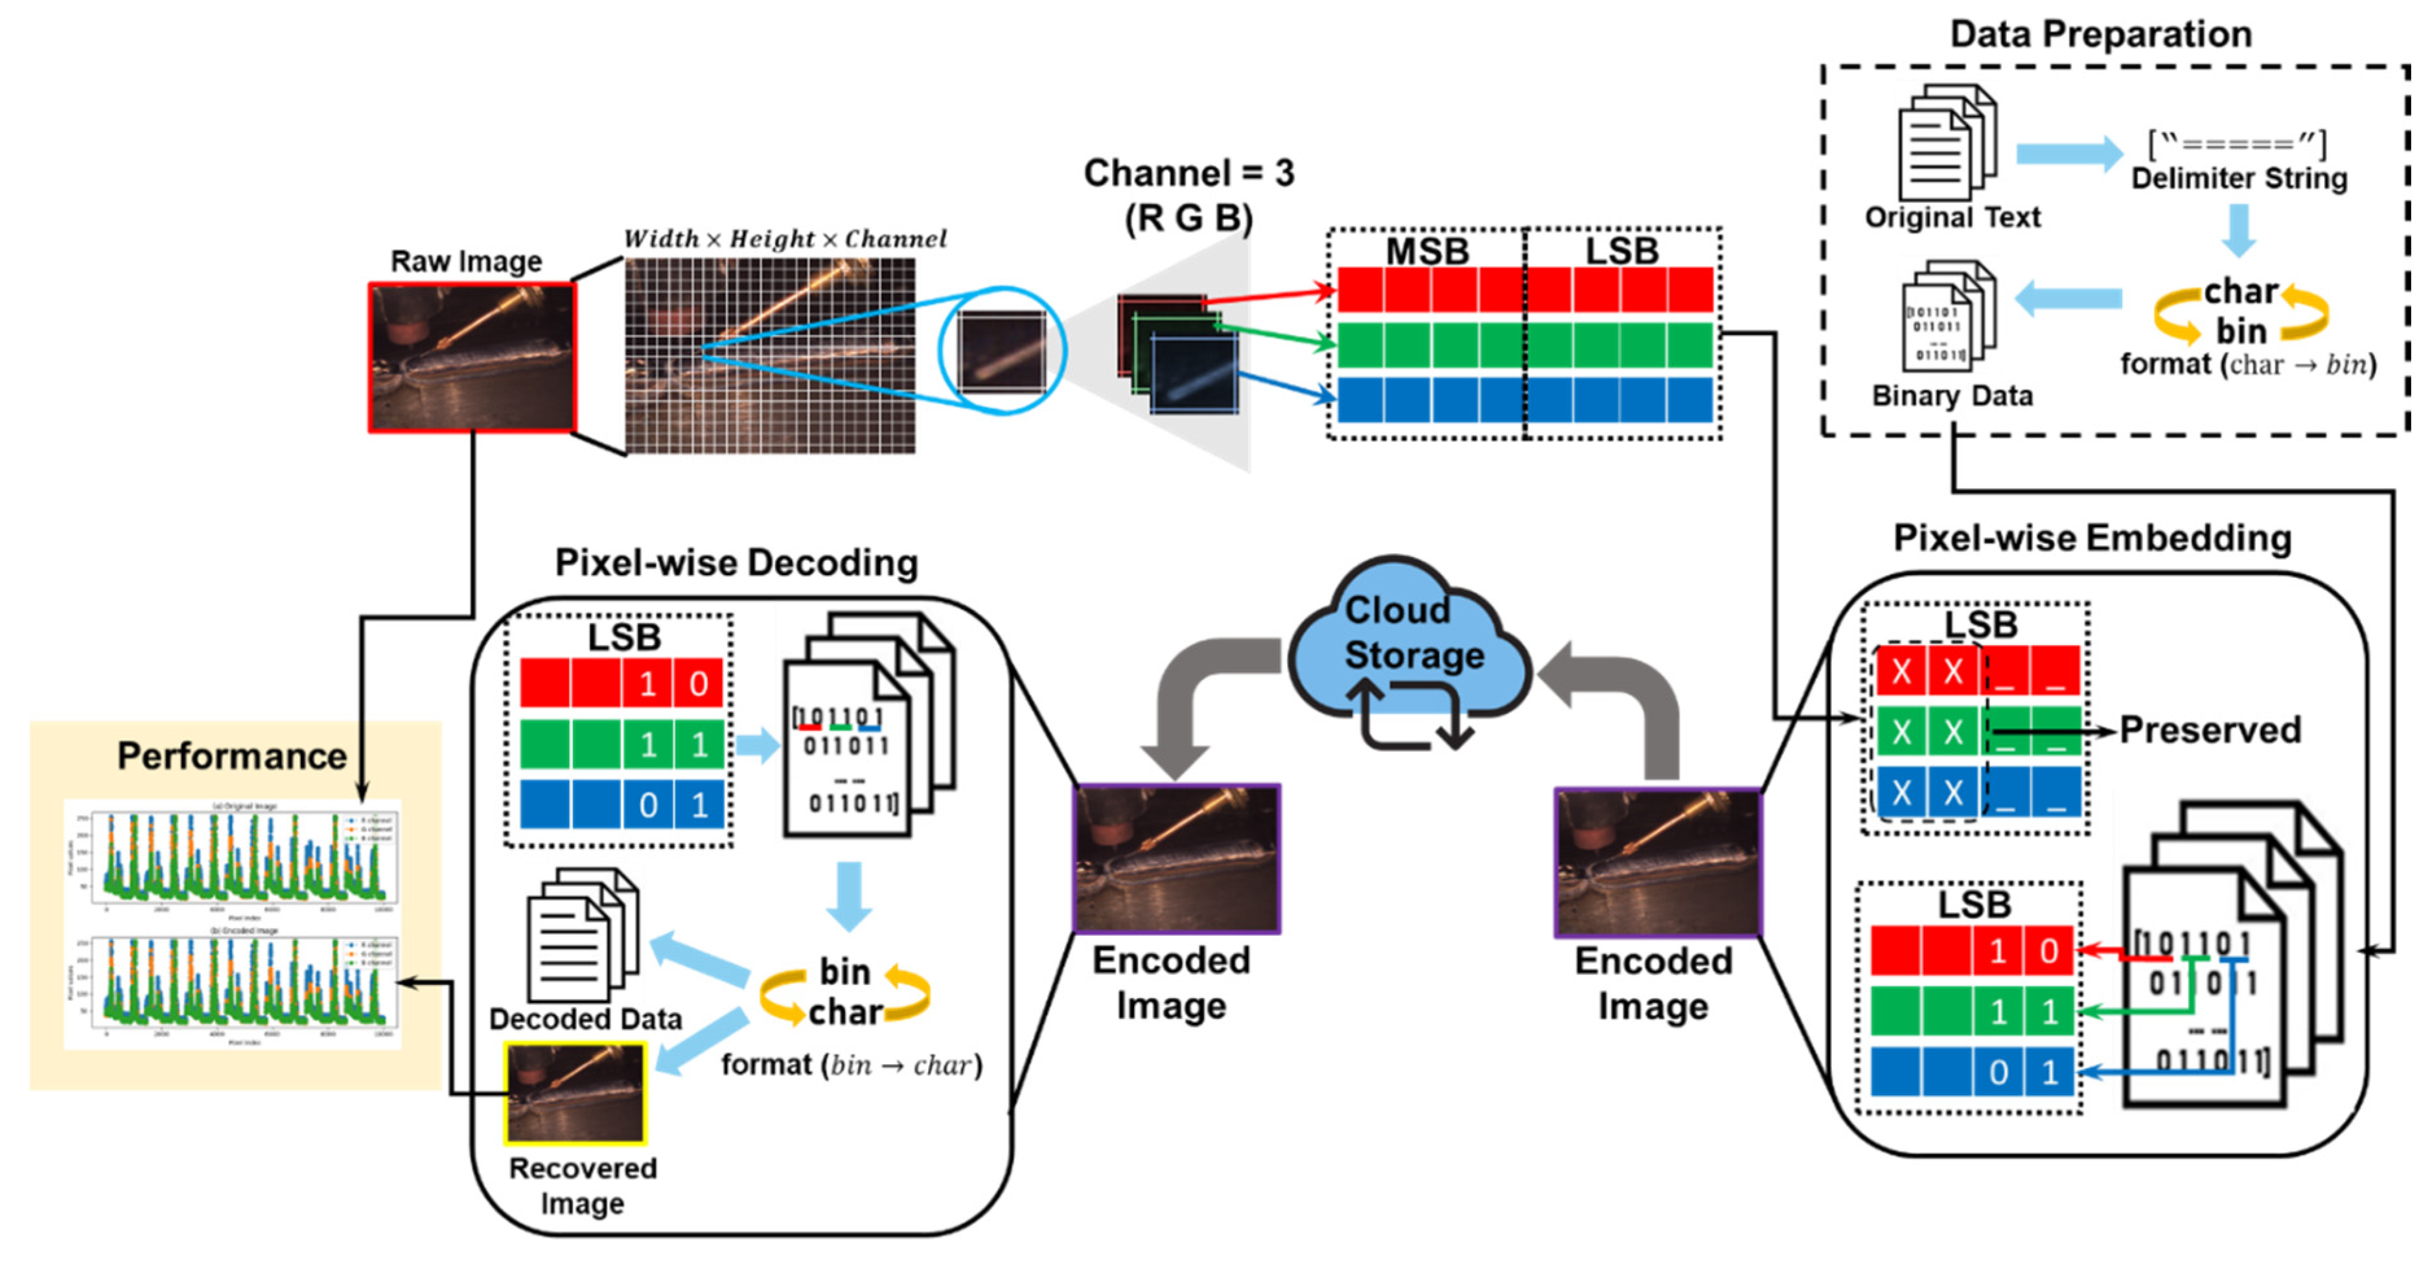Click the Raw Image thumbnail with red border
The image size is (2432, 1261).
coord(471,358)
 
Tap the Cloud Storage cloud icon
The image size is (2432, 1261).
coord(1409,642)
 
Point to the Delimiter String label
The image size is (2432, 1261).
coord(2238,177)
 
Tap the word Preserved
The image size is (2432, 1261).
coord(2209,730)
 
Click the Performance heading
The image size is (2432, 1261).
coord(231,756)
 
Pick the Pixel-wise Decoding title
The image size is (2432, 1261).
coord(735,563)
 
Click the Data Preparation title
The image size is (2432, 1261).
coord(2101,34)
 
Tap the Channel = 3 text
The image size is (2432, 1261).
coord(1188,174)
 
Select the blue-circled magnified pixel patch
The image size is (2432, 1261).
coord(1002,350)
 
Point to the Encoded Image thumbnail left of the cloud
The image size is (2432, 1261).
coord(1176,858)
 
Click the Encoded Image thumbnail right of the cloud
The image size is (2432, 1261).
coord(1657,862)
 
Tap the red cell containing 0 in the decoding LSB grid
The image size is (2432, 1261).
coord(698,683)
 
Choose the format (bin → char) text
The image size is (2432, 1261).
coord(851,1065)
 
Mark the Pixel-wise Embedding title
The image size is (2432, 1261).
coord(2092,538)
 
